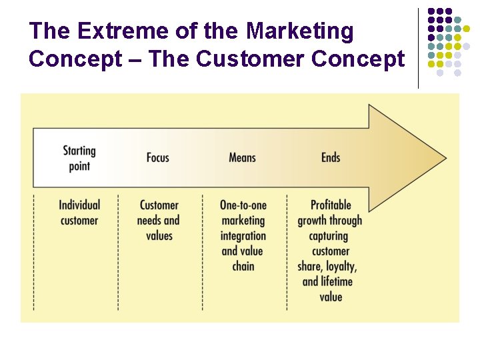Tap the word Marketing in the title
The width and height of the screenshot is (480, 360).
point(300,31)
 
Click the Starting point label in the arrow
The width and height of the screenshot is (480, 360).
point(79,158)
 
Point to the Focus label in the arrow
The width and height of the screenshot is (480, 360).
point(158,157)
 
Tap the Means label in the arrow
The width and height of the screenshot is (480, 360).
point(242,157)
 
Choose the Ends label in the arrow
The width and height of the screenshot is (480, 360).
point(331,157)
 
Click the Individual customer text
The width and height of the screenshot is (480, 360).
point(79,213)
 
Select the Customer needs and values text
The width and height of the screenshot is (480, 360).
point(159,220)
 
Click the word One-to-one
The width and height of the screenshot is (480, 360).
point(243,205)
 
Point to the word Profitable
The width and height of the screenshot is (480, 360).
point(331,205)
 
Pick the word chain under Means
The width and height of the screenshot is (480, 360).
point(243,266)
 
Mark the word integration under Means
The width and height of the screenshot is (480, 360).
point(243,236)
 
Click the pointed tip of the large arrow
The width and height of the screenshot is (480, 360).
point(445,158)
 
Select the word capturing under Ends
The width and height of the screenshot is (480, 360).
point(329,236)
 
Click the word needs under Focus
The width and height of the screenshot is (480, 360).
point(149,221)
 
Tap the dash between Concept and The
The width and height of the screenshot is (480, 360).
point(136,60)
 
